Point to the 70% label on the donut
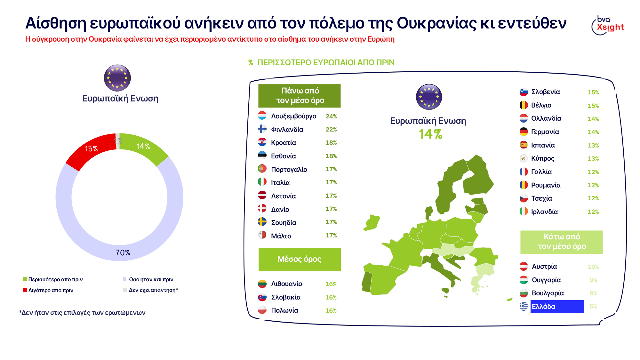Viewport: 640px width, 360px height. coord(123,253)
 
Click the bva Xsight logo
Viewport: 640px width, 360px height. coord(608,25)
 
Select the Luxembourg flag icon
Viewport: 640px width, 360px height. coord(262,116)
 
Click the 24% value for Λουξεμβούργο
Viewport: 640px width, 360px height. coord(331,116)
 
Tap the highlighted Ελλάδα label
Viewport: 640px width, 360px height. coord(557,307)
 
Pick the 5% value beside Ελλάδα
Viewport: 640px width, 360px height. coord(593,307)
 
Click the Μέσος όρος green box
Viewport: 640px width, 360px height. coord(300,259)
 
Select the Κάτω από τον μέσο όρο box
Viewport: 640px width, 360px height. coord(562,242)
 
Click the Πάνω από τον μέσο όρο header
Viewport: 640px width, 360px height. coord(300,96)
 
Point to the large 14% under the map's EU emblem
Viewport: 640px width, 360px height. coord(430,134)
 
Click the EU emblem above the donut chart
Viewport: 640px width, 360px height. coord(117,78)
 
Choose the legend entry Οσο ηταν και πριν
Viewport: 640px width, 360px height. coord(151,279)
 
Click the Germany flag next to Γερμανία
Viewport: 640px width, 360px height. coord(524,132)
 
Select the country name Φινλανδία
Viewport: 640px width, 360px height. coord(287,130)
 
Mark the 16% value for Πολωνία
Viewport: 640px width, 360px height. coord(331,311)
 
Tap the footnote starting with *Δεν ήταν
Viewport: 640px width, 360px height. coord(82,313)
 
